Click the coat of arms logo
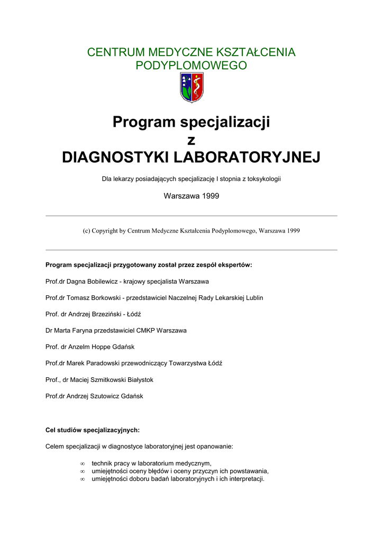(191, 87)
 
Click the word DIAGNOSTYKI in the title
(115, 157)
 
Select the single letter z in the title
(191, 140)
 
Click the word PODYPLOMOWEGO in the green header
(191, 66)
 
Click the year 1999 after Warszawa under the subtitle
(209, 196)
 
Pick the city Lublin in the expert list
(253, 297)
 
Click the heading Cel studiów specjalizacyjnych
(93, 430)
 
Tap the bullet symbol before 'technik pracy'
(82, 463)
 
